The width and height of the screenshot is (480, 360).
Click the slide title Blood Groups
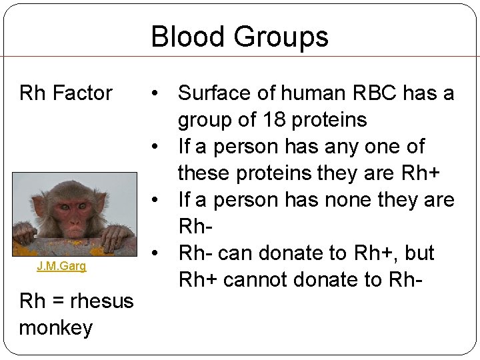pos(239,37)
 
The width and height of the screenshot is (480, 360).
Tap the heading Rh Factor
pos(66,93)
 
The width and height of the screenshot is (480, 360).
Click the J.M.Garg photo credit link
pos(61,267)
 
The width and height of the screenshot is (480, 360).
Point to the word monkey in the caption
pos(56,328)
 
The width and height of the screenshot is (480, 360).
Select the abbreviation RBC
pos(375,93)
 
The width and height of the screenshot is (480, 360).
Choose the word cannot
pos(257,280)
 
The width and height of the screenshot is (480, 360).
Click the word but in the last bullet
pos(418,253)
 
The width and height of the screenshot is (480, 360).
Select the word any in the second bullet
pos(336,147)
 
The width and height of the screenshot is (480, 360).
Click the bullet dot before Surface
pos(155,93)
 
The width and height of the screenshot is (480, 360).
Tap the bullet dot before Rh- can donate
pos(155,253)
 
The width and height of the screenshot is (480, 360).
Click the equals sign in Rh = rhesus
pos(58,301)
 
